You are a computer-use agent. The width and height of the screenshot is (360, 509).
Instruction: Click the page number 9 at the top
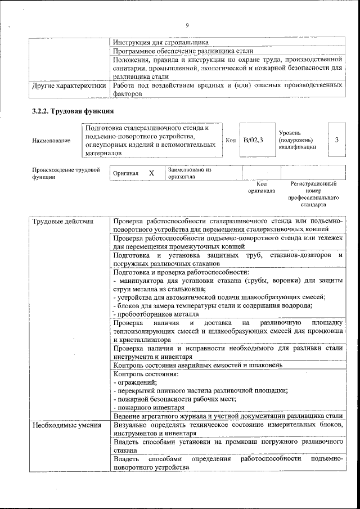coord(186,25)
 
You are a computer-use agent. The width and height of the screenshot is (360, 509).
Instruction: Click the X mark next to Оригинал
coord(151,173)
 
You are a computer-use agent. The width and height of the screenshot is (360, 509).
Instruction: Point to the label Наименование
coord(51,140)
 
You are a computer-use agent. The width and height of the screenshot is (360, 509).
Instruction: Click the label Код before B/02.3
coord(231,139)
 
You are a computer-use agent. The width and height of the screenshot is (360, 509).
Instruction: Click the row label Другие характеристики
coord(69,86)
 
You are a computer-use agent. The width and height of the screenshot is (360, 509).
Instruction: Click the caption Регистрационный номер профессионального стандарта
coord(313,195)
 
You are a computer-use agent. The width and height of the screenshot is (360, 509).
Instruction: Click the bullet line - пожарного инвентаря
coord(149,407)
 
